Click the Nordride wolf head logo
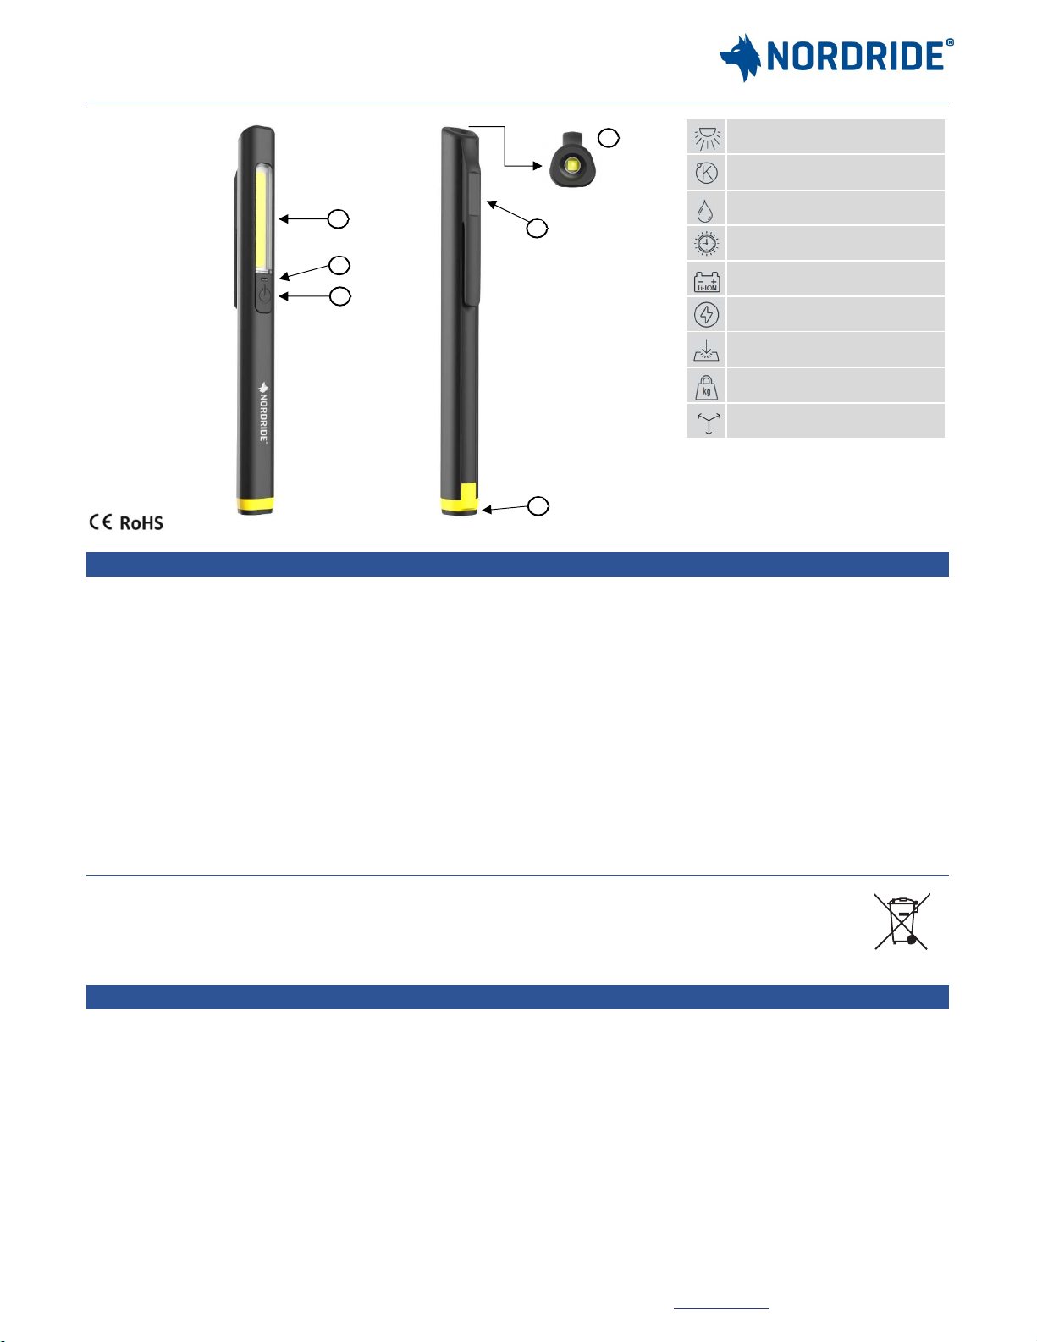coord(740,58)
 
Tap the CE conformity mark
coord(101,522)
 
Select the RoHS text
coord(141,523)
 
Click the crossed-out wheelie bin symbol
coord(902,921)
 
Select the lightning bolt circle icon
coord(706,315)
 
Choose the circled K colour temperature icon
coord(706,173)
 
